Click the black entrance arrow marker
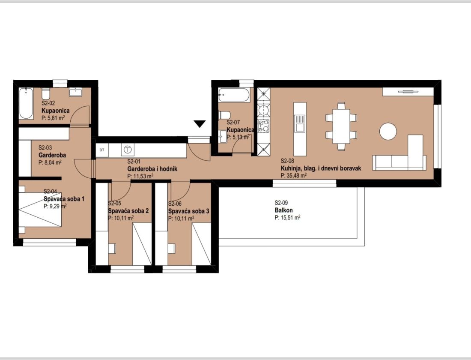(200, 124)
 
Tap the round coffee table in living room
(388, 132)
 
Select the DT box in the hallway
(102, 150)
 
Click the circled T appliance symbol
(128, 150)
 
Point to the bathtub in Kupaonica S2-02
(27, 103)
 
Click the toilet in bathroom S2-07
(224, 115)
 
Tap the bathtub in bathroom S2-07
(234, 95)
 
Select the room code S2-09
(281, 203)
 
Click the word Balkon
(283, 210)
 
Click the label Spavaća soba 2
(128, 211)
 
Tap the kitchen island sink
(300, 123)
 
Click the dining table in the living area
(341, 126)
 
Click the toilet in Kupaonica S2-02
(46, 94)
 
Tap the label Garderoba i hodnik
(152, 169)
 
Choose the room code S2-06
(175, 204)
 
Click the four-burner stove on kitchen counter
(264, 126)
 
